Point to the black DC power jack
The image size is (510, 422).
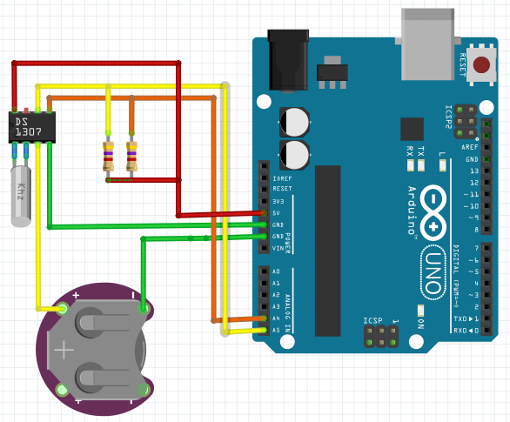click(285, 59)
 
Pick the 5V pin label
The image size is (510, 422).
click(277, 213)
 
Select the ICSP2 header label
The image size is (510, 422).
click(448, 117)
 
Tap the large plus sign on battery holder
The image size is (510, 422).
click(64, 351)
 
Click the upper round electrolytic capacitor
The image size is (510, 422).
click(294, 121)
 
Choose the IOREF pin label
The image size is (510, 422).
click(281, 178)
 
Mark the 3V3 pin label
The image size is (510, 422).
click(277, 201)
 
